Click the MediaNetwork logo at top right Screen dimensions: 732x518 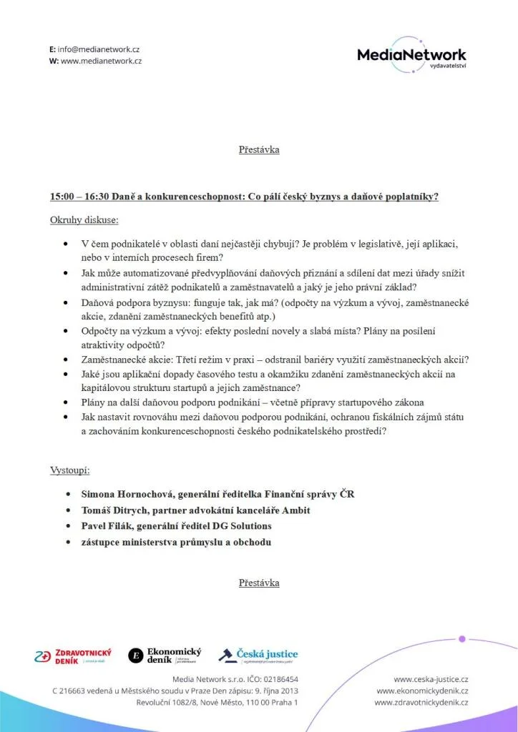[x=411, y=55]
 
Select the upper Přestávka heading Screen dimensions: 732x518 [x=259, y=149]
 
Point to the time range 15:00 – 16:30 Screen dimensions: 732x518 [x=79, y=196]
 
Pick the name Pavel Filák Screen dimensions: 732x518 [x=107, y=526]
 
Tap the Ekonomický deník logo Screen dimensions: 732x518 [x=165, y=656]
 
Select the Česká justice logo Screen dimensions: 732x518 [x=258, y=655]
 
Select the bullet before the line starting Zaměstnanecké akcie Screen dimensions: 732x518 [x=67, y=359]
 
